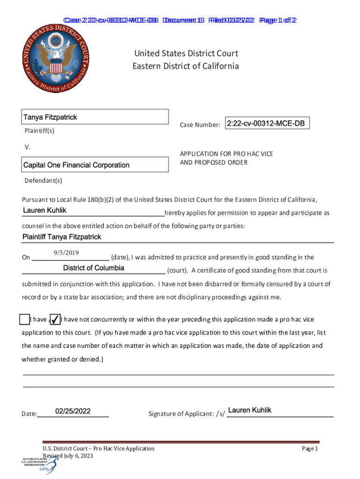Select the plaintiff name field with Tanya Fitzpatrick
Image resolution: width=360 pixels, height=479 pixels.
coord(95,117)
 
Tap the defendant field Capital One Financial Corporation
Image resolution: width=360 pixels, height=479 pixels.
coord(95,165)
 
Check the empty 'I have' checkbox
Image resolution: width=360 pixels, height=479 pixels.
coord(25,319)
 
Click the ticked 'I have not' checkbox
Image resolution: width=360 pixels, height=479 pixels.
coord(55,319)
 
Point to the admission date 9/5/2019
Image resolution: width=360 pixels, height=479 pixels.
coord(65,253)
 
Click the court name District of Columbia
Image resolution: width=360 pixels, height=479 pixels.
coord(94,268)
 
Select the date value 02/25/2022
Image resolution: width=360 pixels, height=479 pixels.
coord(73,411)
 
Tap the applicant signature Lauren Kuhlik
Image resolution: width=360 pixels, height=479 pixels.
coord(250,410)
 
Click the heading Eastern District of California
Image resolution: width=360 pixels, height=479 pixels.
coord(186,66)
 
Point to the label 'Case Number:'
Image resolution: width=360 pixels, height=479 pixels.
coord(200,125)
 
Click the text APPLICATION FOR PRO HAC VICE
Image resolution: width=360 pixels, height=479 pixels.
coord(226,153)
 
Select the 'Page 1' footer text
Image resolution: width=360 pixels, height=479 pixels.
coord(310,449)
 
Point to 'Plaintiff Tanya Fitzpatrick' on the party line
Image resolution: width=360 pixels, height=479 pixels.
coord(62,237)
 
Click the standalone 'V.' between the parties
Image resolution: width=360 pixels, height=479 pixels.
coord(27,147)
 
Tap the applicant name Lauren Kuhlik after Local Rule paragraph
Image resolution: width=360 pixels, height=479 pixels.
coord(44,211)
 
